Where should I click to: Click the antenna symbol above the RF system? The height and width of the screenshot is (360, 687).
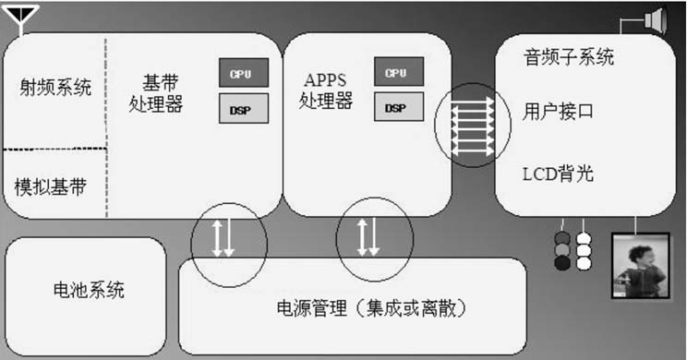23,18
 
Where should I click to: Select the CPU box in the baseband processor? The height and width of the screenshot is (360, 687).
241,72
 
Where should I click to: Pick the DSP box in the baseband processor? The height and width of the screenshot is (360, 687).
241,108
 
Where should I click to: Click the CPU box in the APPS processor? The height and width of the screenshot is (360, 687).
398,72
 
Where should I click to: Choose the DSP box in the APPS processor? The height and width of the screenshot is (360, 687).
398,108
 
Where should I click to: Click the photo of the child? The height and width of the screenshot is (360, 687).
639,265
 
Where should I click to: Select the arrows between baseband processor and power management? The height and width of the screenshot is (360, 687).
223,237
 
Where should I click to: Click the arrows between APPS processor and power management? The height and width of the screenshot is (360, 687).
368,237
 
